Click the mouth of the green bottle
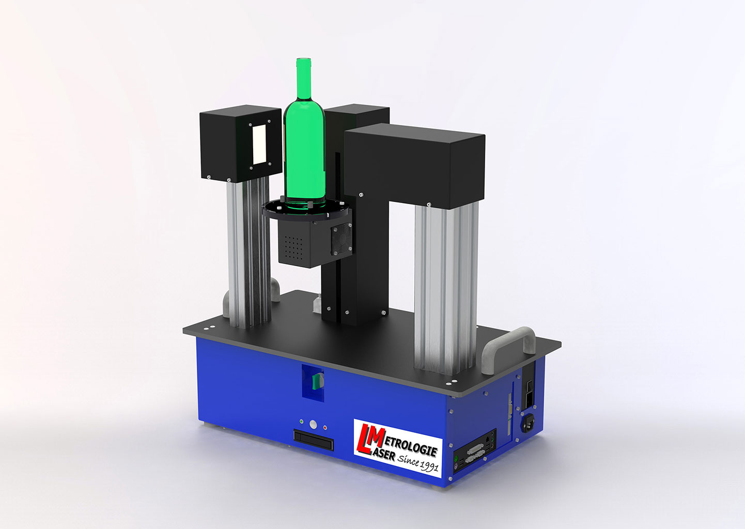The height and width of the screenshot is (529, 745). tap(304, 60)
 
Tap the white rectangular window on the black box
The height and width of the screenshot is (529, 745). tap(259, 145)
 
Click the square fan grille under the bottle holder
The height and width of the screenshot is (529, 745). tap(341, 239)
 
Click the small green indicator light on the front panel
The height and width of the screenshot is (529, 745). tap(301, 421)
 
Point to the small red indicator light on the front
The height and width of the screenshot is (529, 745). tap(325, 427)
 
